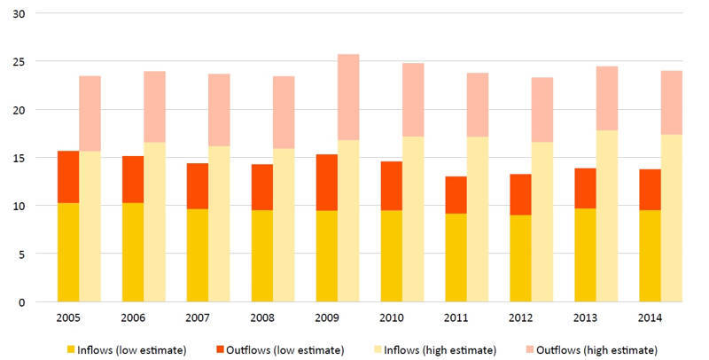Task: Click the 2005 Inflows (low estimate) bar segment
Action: click(68, 253)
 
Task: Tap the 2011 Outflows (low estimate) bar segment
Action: click(456, 195)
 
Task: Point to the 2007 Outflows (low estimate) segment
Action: click(197, 186)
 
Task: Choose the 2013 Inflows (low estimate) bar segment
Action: click(585, 255)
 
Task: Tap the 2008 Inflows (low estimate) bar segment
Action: click(261, 255)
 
